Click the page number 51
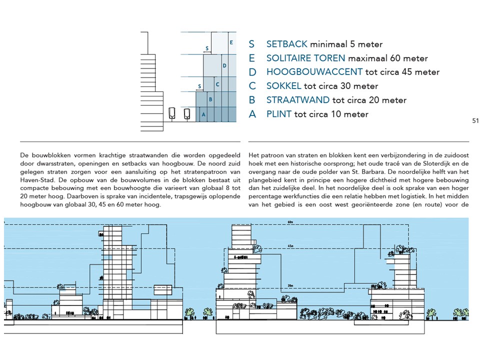pyautogui.click(x=475, y=120)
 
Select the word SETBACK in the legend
pyautogui.click(x=287, y=44)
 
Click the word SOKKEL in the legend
pyautogui.click(x=283, y=86)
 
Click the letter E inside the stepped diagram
pyautogui.click(x=231, y=43)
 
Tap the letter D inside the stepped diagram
pyautogui.click(x=224, y=65)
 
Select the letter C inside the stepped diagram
pyautogui.click(x=217, y=84)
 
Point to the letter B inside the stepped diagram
pyautogui.click(x=210, y=99)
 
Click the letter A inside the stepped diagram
pyautogui.click(x=202, y=114)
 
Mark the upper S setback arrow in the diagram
pyautogui.click(x=207, y=48)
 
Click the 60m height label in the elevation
pyautogui.click(x=290, y=221)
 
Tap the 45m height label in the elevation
pyautogui.click(x=290, y=246)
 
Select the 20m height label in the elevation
pyautogui.click(x=289, y=285)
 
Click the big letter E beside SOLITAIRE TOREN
pyautogui.click(x=252, y=58)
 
